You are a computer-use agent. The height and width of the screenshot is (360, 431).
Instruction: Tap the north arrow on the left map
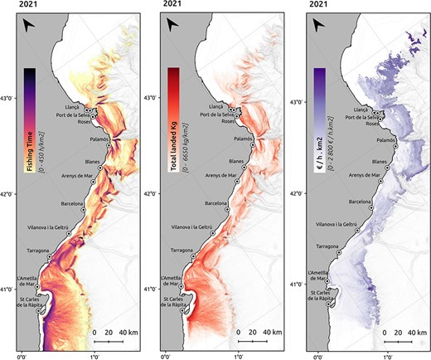[x=30, y=28]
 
